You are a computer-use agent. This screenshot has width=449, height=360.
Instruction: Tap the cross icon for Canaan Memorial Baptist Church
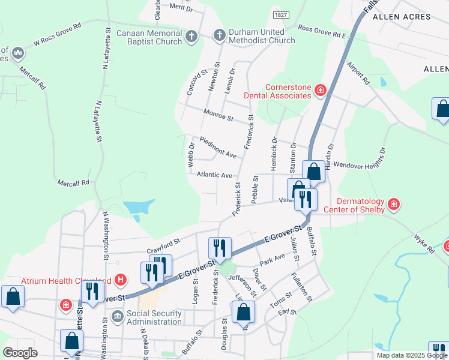(x=191, y=37)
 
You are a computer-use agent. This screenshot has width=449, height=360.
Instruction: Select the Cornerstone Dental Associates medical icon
(x=321, y=91)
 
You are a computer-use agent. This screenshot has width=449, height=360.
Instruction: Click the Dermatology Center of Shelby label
(x=360, y=205)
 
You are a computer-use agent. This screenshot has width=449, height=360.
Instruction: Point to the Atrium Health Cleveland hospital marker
(x=121, y=280)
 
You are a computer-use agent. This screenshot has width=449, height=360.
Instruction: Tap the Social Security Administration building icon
(x=117, y=316)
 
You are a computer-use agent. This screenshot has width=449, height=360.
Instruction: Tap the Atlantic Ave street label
(x=214, y=175)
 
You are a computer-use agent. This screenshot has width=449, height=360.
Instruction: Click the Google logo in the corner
(x=20, y=353)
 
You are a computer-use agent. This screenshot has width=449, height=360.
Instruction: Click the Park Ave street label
(x=272, y=259)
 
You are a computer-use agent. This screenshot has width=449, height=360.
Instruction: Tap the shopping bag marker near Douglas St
(x=243, y=312)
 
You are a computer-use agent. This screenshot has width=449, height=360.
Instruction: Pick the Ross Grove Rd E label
(x=322, y=31)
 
